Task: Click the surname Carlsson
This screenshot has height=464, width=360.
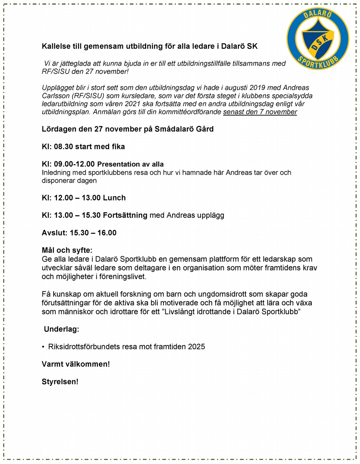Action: tap(55, 96)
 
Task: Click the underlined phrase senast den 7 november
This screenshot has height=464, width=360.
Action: tap(260, 112)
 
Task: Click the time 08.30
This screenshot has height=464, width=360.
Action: tap(63, 146)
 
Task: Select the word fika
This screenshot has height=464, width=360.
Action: tap(116, 146)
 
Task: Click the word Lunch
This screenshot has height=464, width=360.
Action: tap(114, 198)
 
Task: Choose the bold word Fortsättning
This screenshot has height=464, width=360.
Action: tap(125, 215)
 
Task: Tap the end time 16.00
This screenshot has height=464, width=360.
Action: tap(107, 233)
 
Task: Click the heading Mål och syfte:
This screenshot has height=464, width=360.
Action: tap(67, 250)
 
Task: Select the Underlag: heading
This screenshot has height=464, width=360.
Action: tap(61, 329)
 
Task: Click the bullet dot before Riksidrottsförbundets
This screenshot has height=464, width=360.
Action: tap(43, 347)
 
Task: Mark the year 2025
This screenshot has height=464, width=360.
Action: tap(196, 347)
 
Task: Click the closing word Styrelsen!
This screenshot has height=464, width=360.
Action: tap(60, 381)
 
